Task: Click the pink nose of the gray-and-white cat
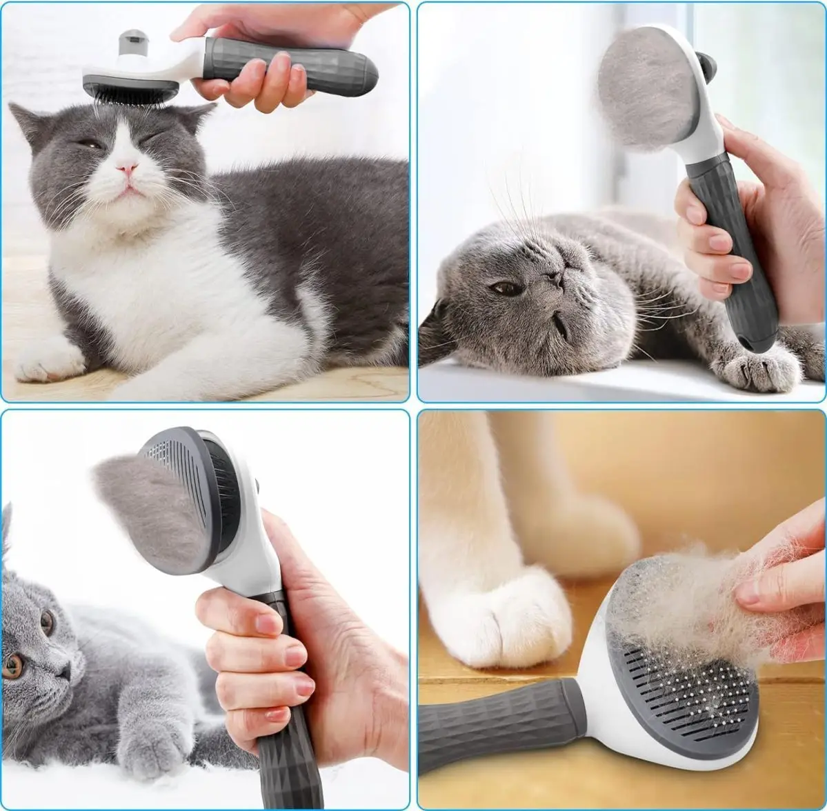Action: click(x=126, y=166)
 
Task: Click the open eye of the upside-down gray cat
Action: click(x=507, y=288)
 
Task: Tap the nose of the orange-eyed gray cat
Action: click(x=64, y=670)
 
